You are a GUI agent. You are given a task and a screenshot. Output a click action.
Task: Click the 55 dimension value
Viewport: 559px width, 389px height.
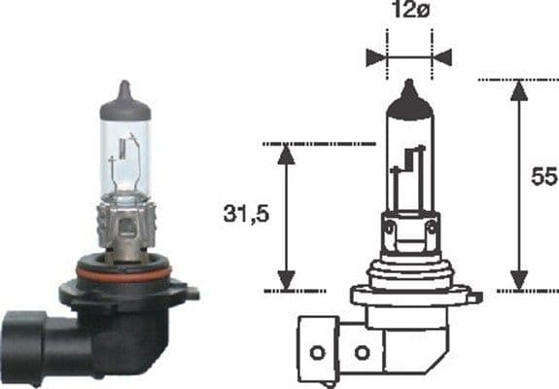click(541, 178)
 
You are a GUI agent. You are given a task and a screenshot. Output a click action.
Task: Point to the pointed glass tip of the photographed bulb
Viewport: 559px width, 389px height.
click(123, 89)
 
